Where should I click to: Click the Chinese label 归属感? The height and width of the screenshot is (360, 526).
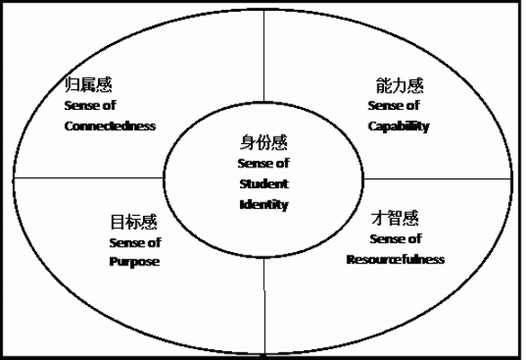point(88,85)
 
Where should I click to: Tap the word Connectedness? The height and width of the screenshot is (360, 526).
point(110,126)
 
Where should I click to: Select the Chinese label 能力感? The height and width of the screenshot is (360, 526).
point(399,85)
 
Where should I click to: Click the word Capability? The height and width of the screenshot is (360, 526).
point(398,127)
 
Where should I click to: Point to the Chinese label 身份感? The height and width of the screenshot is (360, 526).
point(263,142)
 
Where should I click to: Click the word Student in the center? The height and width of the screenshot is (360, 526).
point(264,184)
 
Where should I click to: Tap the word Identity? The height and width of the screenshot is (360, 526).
point(264,205)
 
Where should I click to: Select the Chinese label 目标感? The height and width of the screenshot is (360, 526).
point(134,222)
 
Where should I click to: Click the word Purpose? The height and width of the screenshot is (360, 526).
point(135,262)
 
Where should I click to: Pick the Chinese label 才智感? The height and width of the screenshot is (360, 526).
point(395,218)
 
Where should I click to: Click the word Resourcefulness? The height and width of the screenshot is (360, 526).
point(396,259)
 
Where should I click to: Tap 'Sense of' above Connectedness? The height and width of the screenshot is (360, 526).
point(90,105)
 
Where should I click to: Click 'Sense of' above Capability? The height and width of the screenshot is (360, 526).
point(394,105)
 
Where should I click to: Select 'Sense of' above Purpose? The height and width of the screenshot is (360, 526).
point(135,242)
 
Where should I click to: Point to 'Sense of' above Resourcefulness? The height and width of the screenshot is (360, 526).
point(396,238)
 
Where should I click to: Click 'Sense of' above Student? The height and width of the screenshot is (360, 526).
point(263,164)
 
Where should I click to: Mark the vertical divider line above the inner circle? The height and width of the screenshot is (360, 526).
point(264,56)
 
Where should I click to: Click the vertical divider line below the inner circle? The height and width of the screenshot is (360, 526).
point(264,306)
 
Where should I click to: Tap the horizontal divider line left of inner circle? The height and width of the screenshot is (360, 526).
point(88,178)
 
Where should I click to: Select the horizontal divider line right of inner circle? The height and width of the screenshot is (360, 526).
point(438,179)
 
